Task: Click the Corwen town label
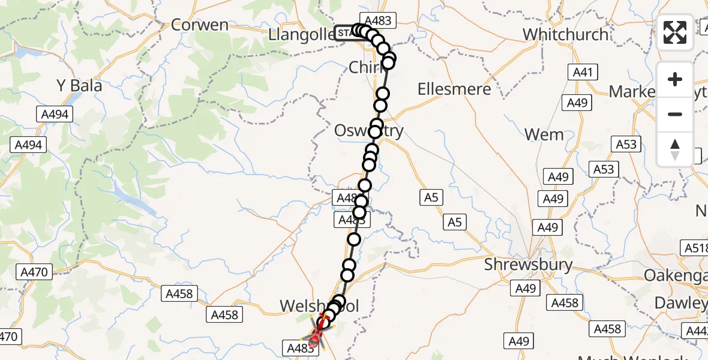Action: [x=199, y=25]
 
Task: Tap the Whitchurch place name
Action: [x=565, y=34]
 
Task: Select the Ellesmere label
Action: [x=454, y=89]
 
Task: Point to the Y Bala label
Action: [x=79, y=86]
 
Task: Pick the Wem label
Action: [x=544, y=134]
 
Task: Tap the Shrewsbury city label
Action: [x=529, y=265]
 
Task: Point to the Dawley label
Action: [x=680, y=303]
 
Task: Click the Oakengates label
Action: [x=676, y=275]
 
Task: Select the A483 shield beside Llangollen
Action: [x=377, y=21]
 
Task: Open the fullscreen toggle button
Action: [x=675, y=32]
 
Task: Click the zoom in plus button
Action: [x=675, y=79]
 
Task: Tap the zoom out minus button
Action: [x=675, y=114]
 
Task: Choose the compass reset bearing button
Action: [x=675, y=149]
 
